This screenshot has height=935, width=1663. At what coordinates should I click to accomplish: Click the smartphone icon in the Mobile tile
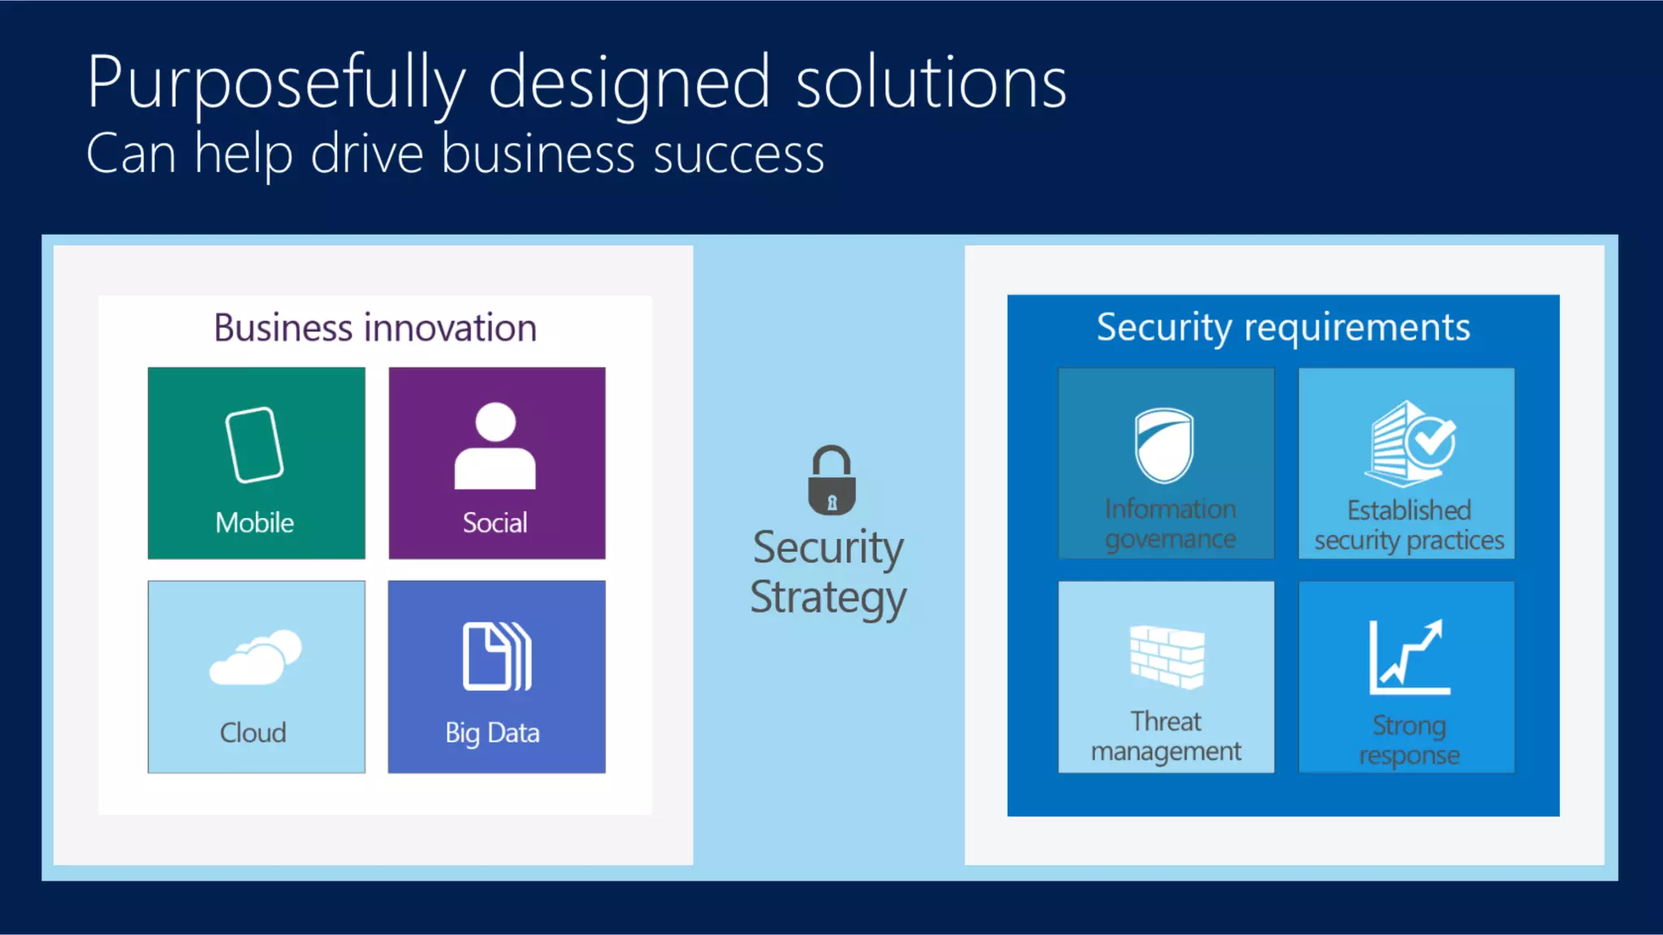(254, 445)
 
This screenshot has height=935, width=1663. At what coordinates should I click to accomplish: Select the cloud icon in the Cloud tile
(255, 658)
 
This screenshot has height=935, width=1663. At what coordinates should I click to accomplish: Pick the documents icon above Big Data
(496, 657)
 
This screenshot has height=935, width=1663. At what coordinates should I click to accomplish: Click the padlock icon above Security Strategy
(831, 480)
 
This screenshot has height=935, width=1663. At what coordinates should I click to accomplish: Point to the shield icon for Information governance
(1164, 446)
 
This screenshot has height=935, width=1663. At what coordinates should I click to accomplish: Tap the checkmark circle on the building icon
(1432, 439)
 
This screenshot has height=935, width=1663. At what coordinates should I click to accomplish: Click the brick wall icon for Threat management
(1167, 657)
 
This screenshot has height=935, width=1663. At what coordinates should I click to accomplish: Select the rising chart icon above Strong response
(1409, 657)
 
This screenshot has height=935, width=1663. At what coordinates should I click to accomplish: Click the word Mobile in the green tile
(254, 523)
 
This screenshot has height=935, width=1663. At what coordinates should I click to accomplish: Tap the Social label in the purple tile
(495, 523)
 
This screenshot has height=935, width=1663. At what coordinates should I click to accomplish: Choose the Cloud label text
(253, 733)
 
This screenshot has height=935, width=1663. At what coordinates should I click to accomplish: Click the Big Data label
(492, 733)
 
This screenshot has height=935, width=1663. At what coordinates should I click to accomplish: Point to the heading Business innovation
(375, 328)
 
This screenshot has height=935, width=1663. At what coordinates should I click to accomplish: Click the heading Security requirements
(1283, 327)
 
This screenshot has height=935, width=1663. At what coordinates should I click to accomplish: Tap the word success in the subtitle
(738, 154)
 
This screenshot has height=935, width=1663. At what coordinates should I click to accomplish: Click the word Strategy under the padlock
(828, 598)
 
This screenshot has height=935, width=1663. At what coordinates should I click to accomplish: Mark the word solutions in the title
(931, 83)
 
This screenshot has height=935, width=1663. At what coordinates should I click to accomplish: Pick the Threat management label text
(1166, 736)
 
